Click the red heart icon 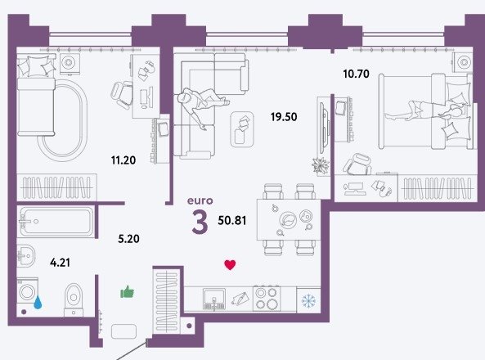[x=230, y=265]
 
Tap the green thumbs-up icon [x=127, y=292]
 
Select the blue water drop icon [x=38, y=302]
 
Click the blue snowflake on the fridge [x=308, y=300]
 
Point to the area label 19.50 [x=284, y=117]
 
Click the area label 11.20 [x=123, y=160]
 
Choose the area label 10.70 [x=356, y=74]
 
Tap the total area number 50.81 [x=232, y=220]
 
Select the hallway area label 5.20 [x=128, y=239]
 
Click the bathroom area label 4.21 [x=60, y=263]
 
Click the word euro [x=200, y=201]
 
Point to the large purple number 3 [x=200, y=222]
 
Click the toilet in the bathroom [x=74, y=299]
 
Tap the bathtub [x=56, y=222]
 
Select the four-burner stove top [x=267, y=299]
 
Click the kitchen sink [x=214, y=299]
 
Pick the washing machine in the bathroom [x=28, y=292]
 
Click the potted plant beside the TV [x=321, y=165]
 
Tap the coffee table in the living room [x=242, y=129]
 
